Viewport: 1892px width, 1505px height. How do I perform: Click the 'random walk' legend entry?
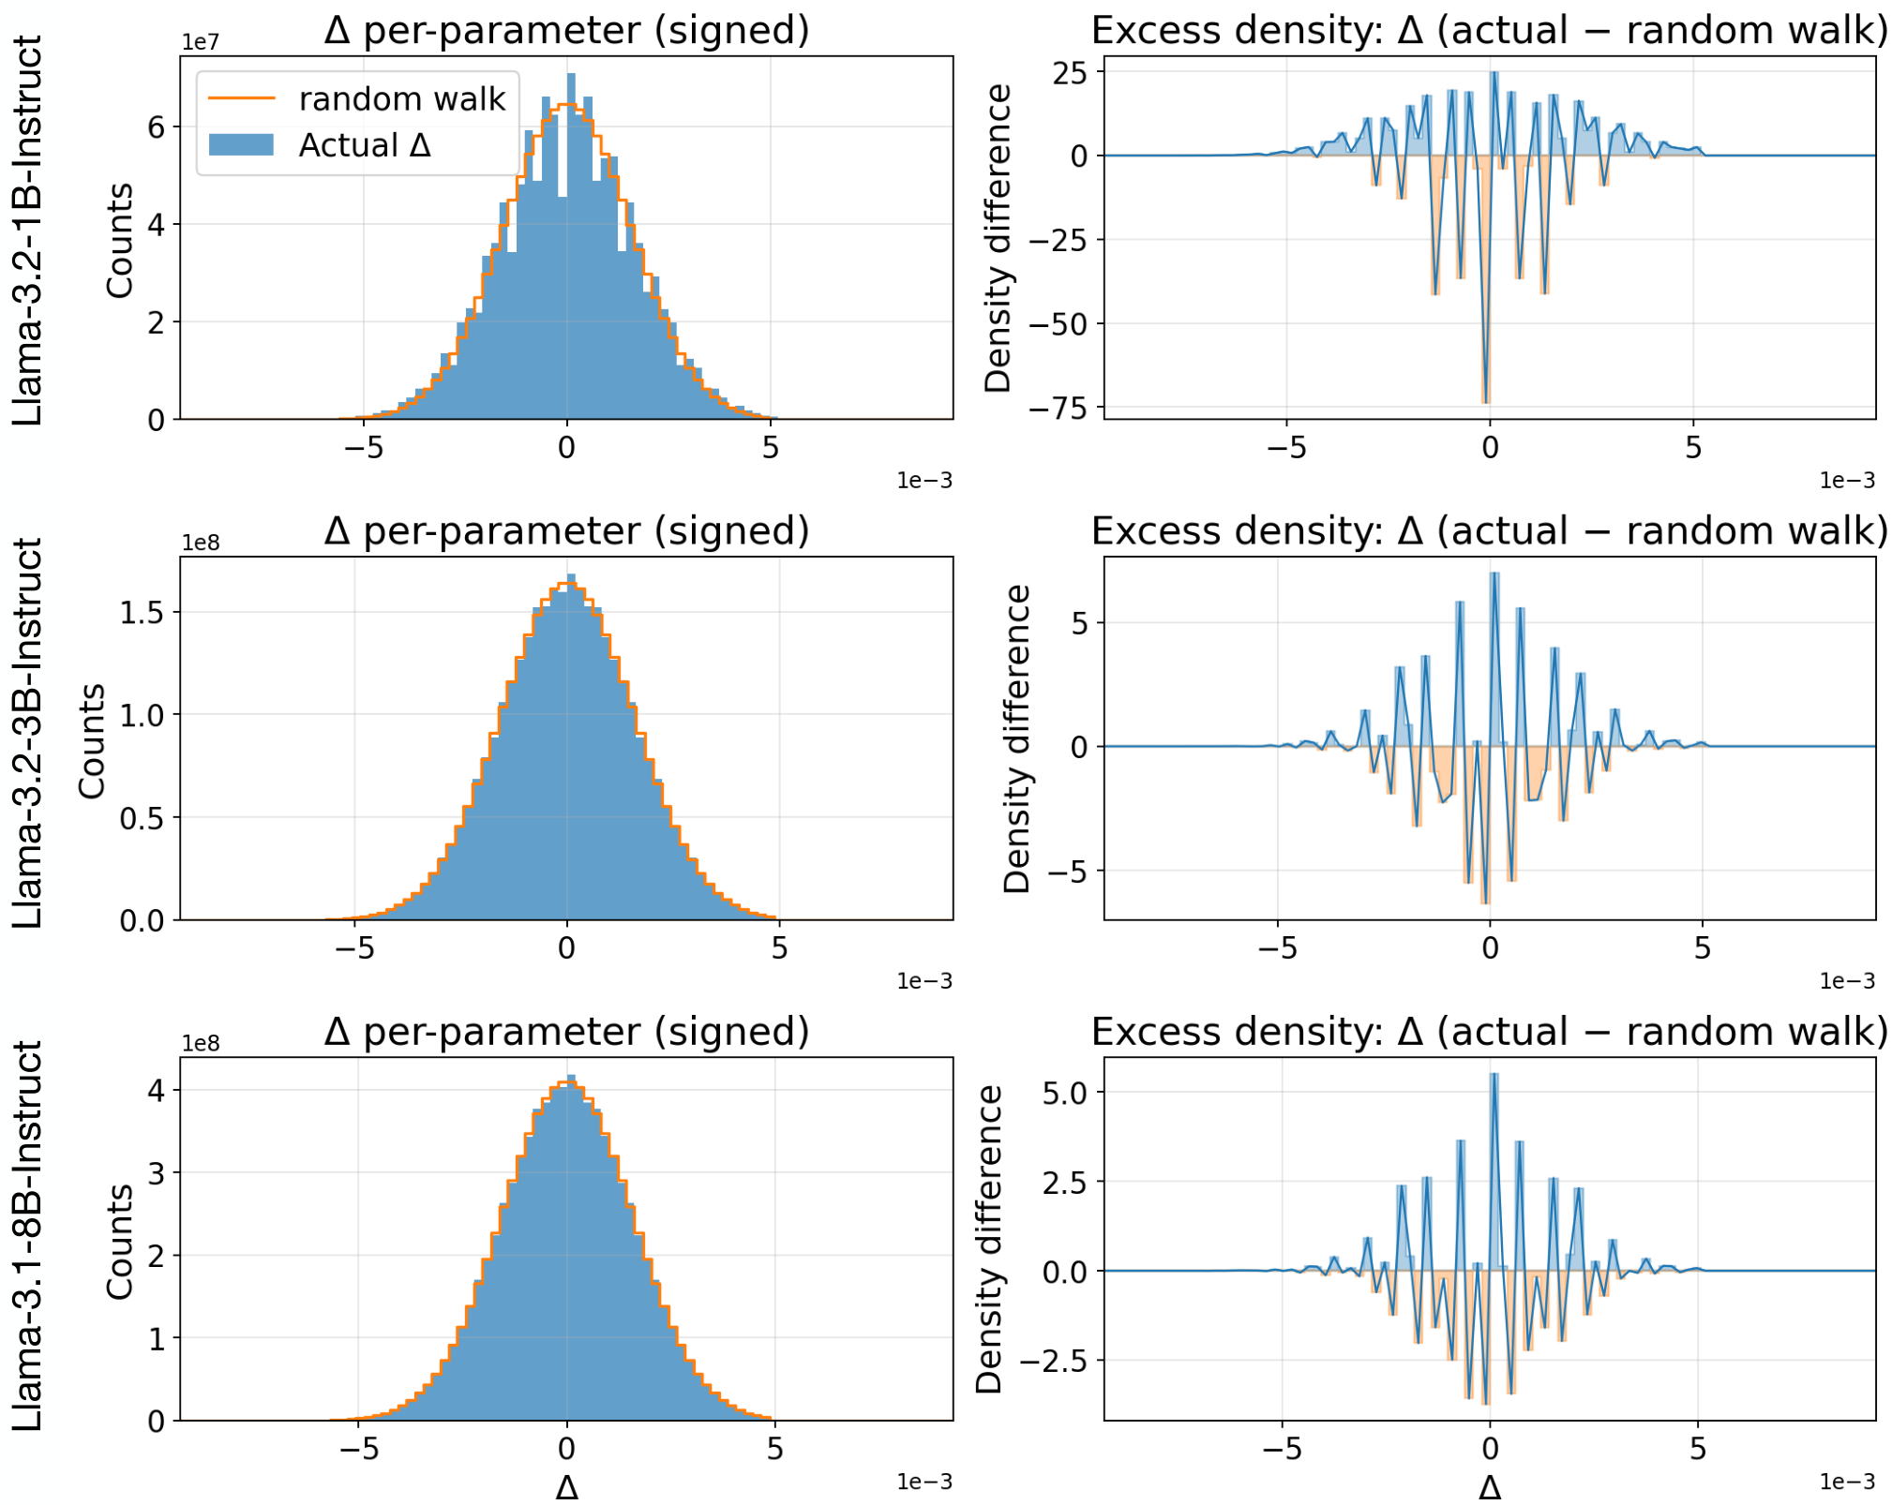pyautogui.click(x=401, y=98)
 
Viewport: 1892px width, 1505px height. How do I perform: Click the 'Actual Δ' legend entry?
pyautogui.click(x=364, y=145)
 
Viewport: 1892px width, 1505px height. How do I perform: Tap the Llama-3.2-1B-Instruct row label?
pyautogui.click(x=28, y=231)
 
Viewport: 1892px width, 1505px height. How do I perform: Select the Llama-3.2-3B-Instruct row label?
pyautogui.click(x=28, y=732)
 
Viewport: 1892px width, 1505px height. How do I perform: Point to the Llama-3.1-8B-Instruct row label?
pyautogui.click(x=28, y=1235)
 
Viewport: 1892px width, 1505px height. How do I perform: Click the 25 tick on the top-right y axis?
pyautogui.click(x=1071, y=72)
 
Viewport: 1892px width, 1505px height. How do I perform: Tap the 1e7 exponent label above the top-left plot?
pyautogui.click(x=200, y=43)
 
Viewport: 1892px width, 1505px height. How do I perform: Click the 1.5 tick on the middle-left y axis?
pyautogui.click(x=142, y=612)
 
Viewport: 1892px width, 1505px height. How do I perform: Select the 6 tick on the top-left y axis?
pyautogui.click(x=157, y=127)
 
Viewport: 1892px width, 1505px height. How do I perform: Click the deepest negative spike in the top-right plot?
pyautogui.click(x=1485, y=400)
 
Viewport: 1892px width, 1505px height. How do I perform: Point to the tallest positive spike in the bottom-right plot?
pyautogui.click(x=1494, y=1076)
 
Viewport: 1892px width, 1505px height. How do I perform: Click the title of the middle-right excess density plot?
pyautogui.click(x=1489, y=531)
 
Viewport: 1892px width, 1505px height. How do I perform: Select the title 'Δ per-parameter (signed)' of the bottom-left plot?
pyautogui.click(x=566, y=1032)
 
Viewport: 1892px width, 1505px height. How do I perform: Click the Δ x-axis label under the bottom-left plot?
pyautogui.click(x=566, y=1487)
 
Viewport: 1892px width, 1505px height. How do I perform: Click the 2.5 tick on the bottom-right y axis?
pyautogui.click(x=1066, y=1182)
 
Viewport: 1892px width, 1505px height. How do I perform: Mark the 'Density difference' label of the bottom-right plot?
pyautogui.click(x=989, y=1239)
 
